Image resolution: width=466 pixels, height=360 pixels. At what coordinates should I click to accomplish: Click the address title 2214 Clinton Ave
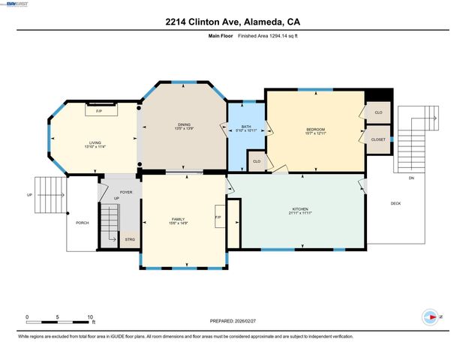click(x=233, y=22)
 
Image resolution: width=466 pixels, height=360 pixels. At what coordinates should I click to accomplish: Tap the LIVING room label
click(x=95, y=142)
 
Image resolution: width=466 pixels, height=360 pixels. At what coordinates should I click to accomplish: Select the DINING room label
click(x=183, y=124)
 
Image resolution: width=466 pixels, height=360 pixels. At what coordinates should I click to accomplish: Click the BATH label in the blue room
click(x=246, y=127)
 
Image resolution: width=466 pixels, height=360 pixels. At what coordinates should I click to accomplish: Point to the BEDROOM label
click(x=314, y=130)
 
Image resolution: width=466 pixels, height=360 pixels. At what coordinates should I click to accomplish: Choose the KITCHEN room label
click(x=299, y=208)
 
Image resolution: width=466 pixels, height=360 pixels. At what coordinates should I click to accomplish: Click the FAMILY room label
click(x=178, y=219)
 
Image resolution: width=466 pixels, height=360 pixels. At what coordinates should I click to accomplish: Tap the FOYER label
click(x=126, y=192)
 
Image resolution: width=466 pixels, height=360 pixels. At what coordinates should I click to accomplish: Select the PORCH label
click(x=82, y=223)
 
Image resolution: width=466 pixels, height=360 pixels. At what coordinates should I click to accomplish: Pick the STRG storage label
click(x=129, y=240)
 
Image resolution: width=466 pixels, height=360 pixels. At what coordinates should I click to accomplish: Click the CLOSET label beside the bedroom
click(x=378, y=139)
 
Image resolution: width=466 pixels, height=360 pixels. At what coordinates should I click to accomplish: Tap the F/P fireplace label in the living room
click(x=99, y=111)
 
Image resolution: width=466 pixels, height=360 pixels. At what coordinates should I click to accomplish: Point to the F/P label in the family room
click(x=218, y=218)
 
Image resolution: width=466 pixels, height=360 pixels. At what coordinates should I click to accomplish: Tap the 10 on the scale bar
click(x=91, y=316)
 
